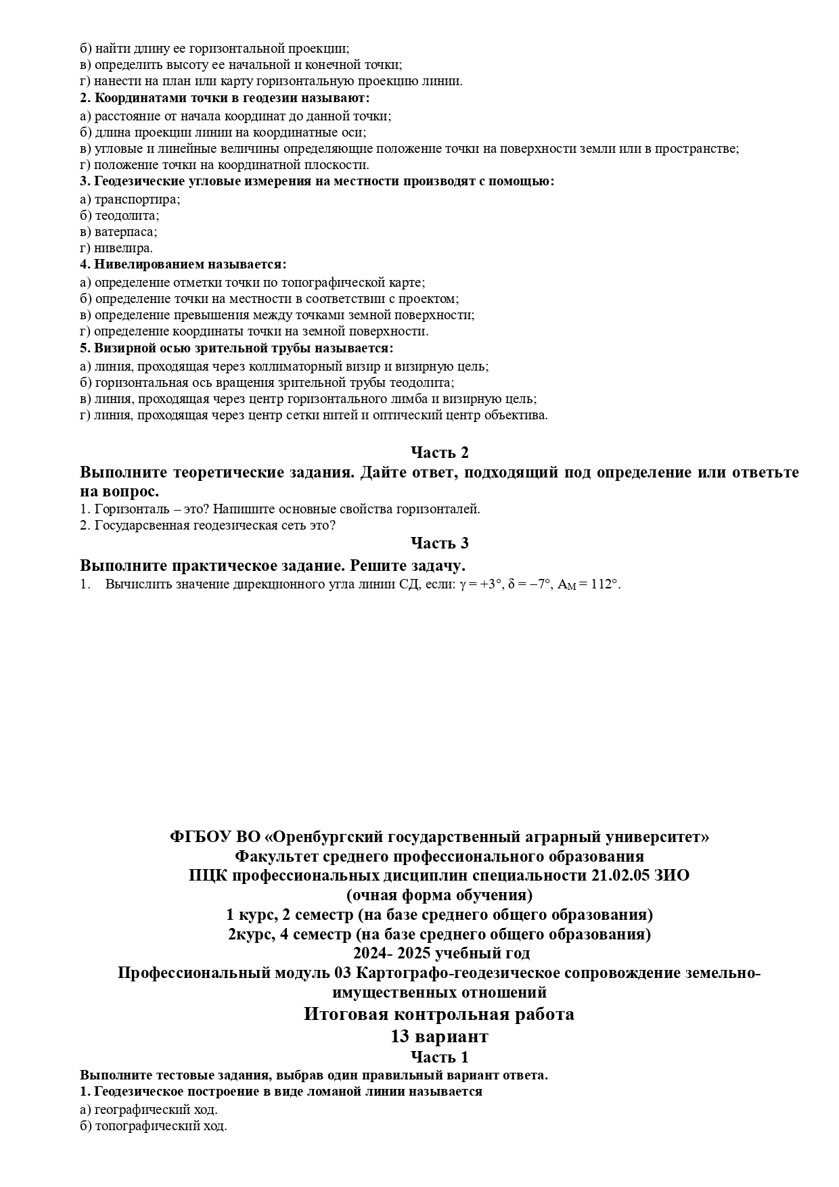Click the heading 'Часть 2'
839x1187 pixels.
click(x=439, y=452)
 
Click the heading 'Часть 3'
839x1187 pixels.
click(x=439, y=543)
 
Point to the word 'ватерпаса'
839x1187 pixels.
click(x=125, y=232)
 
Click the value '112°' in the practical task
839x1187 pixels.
click(x=605, y=584)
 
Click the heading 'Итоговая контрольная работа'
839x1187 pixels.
click(x=439, y=1014)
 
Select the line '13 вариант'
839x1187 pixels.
click(x=439, y=1036)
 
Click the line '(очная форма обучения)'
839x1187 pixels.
click(x=439, y=895)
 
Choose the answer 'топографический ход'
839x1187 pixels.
click(x=160, y=1126)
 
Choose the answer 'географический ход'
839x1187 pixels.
click(x=156, y=1110)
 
